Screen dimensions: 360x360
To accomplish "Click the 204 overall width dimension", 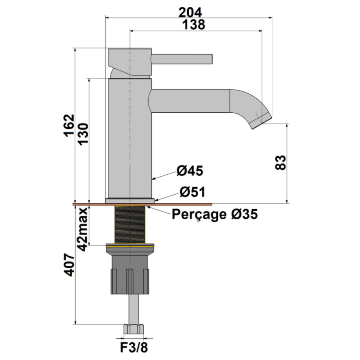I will click(190, 12).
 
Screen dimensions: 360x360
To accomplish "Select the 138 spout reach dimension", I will click(194, 25).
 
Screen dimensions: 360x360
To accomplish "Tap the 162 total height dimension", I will click(69, 126).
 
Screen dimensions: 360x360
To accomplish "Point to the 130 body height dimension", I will click(82, 134).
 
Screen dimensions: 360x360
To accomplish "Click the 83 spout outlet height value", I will click(280, 163).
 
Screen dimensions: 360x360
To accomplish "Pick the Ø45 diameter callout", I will click(190, 171).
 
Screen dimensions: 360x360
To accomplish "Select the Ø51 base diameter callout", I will click(192, 192).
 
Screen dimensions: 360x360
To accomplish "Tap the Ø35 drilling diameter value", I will click(244, 214).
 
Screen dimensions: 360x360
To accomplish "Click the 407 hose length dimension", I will click(69, 265).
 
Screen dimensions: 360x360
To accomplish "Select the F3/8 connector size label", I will click(134, 348).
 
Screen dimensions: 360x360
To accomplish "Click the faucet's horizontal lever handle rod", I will click(182, 59).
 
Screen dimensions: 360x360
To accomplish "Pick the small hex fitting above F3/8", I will click(133, 329).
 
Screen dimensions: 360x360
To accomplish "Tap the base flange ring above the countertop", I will click(130, 200).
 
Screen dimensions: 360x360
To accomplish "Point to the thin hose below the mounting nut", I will click(133, 309).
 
